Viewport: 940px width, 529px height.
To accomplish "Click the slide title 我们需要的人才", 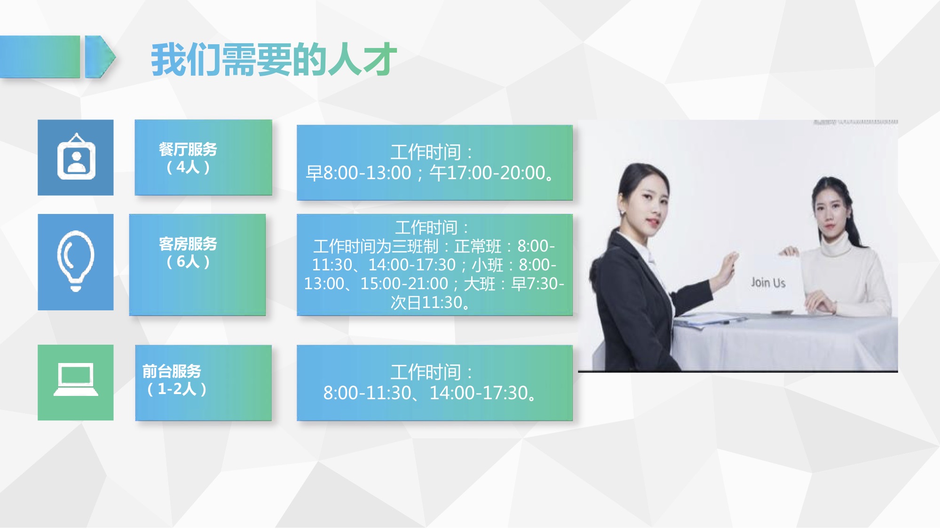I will (274, 60).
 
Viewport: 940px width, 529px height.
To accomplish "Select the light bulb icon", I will (76, 261).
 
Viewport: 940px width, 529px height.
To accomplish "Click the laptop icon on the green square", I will (76, 380).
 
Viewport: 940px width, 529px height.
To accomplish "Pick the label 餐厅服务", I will (188, 150).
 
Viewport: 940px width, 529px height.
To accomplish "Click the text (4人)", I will (188, 167).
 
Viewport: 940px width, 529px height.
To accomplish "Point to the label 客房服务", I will (188, 244).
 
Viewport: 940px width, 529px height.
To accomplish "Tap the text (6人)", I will (188, 261).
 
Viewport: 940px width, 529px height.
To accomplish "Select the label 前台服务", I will (172, 371).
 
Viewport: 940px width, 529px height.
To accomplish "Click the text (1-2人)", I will (176, 389).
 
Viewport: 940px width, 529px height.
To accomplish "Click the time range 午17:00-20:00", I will (487, 173).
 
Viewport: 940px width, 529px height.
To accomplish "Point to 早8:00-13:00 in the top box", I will (358, 173).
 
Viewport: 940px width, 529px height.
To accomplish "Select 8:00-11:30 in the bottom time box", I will (367, 393).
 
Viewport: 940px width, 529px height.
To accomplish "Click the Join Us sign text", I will (768, 283).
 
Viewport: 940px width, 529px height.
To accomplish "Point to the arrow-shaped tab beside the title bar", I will (100, 56).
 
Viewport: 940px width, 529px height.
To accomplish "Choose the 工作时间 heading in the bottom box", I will (426, 372).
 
